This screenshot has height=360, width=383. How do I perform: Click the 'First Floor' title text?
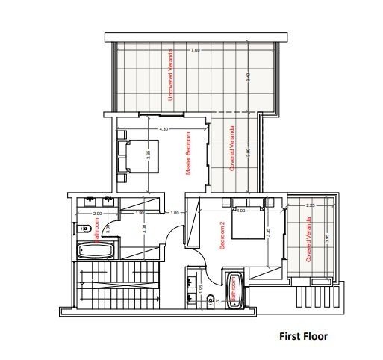coord(303,336)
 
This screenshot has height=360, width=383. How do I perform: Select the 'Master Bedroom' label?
coord(188,153)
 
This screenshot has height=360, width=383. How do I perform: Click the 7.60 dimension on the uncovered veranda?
coord(195,50)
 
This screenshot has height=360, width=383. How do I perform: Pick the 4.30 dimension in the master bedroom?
coord(164,129)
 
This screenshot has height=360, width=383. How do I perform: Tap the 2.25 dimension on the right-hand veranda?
coord(311,205)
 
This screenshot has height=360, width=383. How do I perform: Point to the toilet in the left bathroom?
coord(84,229)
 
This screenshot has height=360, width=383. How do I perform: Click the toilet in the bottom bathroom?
coord(211,300)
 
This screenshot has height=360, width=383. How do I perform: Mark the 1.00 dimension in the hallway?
coord(175,213)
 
